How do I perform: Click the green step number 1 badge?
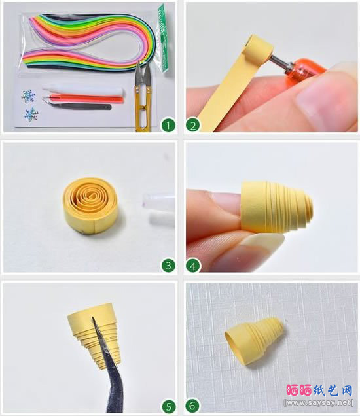tap(168, 125)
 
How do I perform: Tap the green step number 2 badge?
tap(193, 125)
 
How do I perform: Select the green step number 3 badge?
tap(168, 265)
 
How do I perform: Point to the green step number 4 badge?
tap(193, 266)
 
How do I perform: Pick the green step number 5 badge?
tap(169, 406)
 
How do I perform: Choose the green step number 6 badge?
tap(192, 406)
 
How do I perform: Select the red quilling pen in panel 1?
tap(83, 99)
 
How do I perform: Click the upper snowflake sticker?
tap(28, 97)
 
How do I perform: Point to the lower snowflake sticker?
tap(31, 114)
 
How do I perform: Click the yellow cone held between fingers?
tap(276, 207)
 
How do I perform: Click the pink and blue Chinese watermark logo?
tap(319, 390)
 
